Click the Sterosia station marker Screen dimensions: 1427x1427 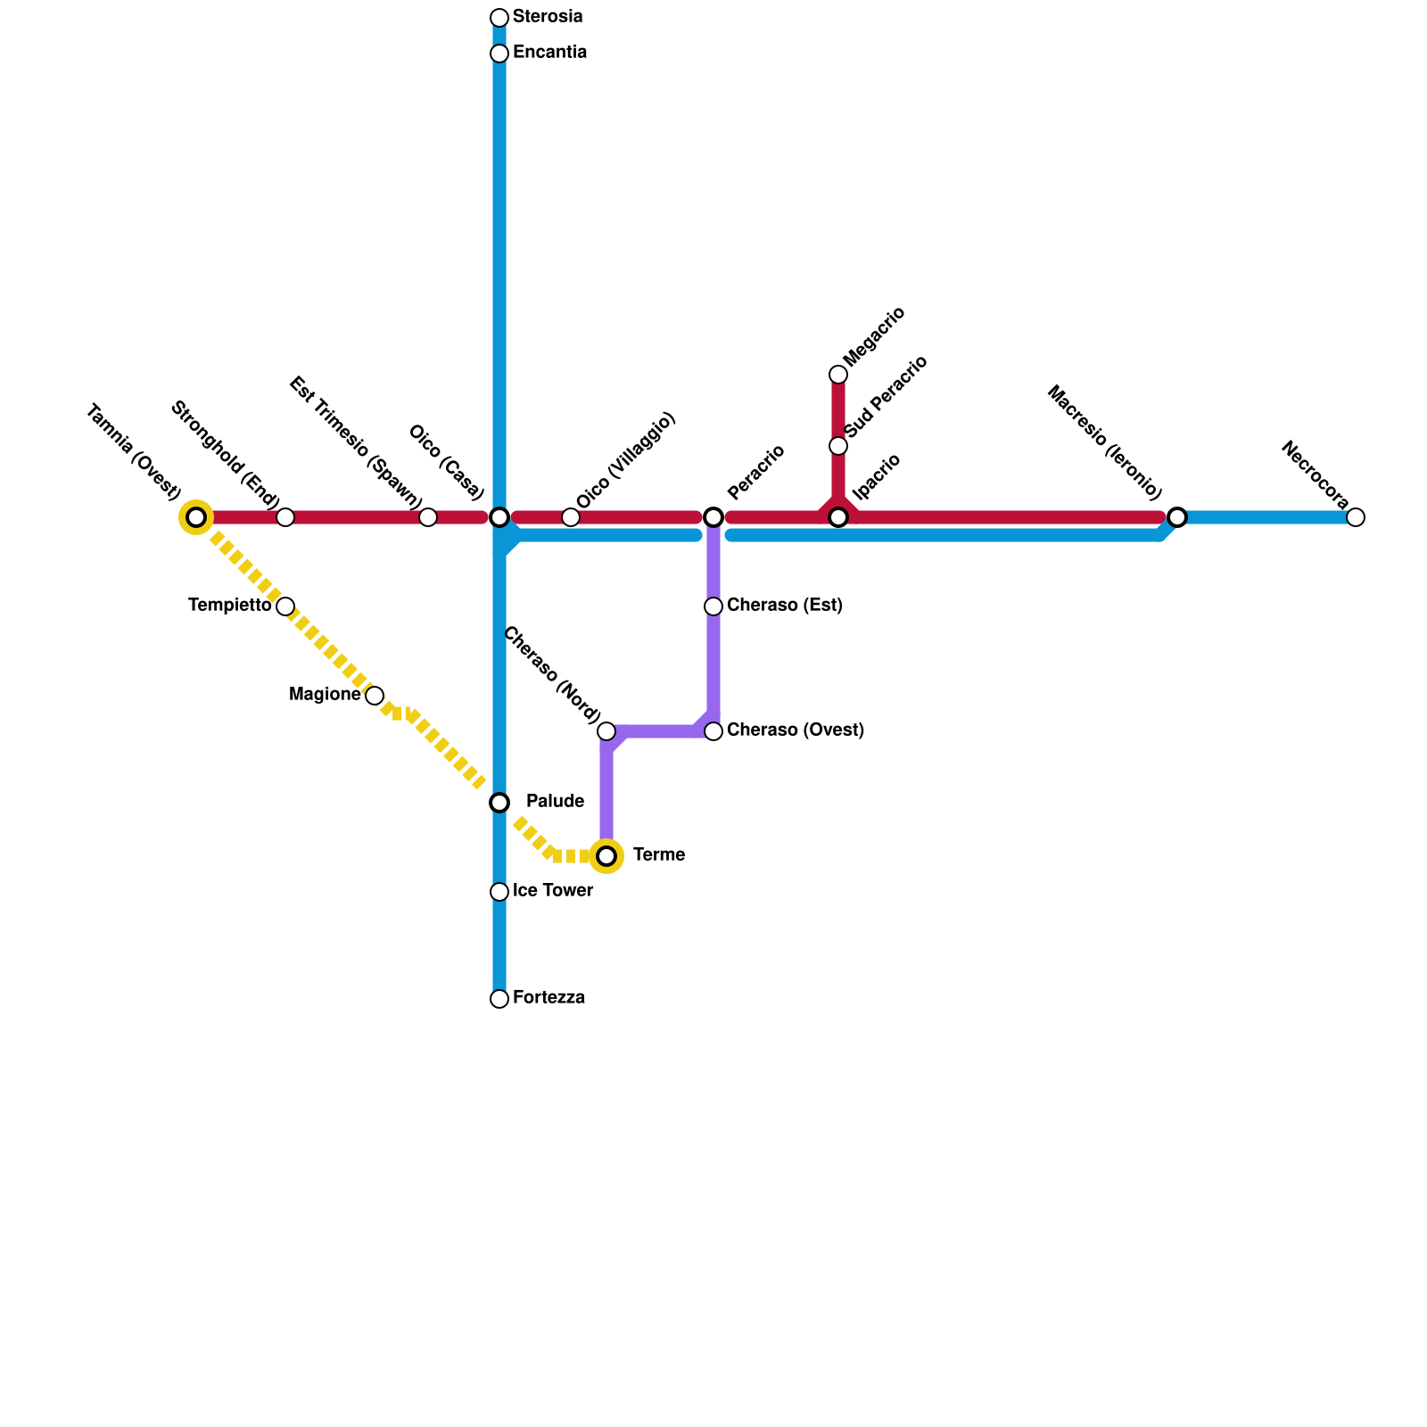499,18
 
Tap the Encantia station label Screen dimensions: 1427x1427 549,53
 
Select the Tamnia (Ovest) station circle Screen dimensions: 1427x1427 196,517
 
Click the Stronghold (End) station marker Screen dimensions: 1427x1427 285,517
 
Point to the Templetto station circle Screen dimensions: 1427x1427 285,606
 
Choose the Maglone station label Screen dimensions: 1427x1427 325,695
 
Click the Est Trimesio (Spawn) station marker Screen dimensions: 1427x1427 428,517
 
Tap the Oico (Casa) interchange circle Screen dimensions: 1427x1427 499,517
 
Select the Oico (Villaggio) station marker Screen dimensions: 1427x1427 571,517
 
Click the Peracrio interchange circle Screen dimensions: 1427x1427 713,517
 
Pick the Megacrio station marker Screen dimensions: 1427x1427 838,375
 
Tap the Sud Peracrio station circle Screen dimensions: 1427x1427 838,446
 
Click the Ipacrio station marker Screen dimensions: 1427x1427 838,517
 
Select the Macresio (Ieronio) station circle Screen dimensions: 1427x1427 1177,517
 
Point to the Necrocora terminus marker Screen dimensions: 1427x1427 1356,517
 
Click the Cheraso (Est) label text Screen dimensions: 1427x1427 784,606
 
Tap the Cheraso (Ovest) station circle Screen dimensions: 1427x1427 713,731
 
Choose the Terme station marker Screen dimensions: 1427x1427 606,856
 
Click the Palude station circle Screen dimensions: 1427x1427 499,803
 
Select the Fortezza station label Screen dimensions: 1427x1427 549,998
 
